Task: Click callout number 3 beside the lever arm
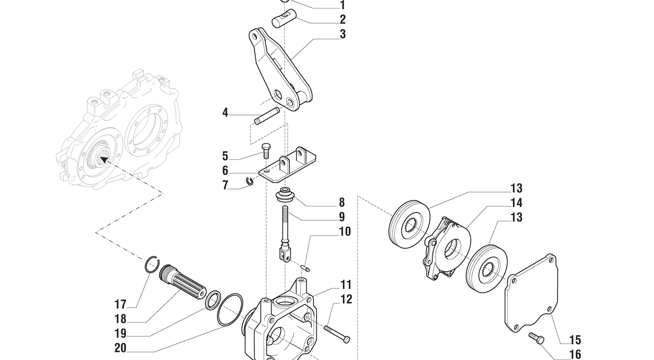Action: coord(343,34)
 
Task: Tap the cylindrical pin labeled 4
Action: coord(267,116)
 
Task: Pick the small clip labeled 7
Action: coord(250,182)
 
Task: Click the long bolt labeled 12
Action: coord(336,334)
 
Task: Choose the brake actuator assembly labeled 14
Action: coord(447,246)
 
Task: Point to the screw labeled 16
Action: coord(536,337)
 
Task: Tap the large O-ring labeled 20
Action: coord(230,310)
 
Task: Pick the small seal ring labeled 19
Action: coord(213,300)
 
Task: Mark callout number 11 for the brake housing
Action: coord(346,285)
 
